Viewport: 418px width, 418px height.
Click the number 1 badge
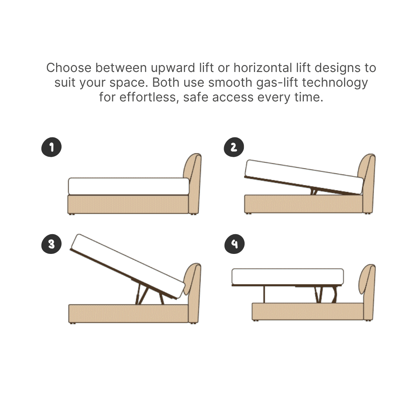(x=51, y=147)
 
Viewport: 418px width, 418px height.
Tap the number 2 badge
(x=234, y=147)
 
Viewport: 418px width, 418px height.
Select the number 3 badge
(x=51, y=244)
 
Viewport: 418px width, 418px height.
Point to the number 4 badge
(x=235, y=244)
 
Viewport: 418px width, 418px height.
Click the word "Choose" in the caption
(x=69, y=68)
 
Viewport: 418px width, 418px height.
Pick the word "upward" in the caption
(x=173, y=68)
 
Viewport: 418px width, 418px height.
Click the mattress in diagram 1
(x=129, y=186)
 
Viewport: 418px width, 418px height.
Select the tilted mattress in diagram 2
(x=304, y=176)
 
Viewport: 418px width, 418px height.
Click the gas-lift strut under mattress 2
(x=314, y=191)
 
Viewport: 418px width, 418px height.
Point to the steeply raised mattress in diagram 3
(x=128, y=266)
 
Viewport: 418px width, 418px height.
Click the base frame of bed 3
(x=128, y=313)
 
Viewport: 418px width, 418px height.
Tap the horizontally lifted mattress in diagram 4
(x=288, y=277)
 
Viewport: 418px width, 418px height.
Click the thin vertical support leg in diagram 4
(x=264, y=294)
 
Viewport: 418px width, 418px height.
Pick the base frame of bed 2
(x=304, y=204)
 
